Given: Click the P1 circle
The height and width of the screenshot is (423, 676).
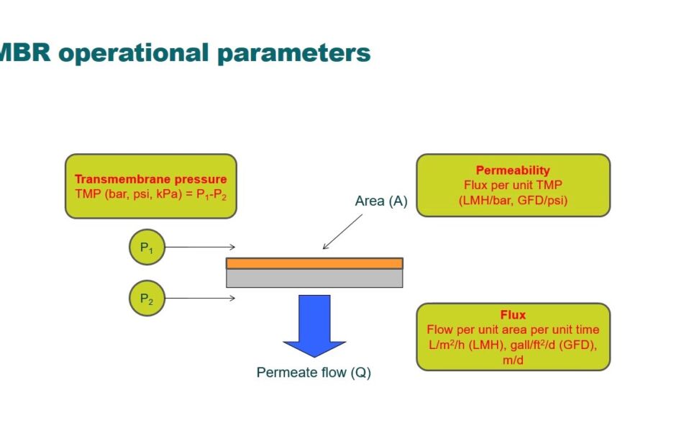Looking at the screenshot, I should [147, 248].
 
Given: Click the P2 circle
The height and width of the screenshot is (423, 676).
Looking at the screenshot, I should [147, 298].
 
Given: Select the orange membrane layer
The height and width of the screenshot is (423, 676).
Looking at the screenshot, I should [314, 263].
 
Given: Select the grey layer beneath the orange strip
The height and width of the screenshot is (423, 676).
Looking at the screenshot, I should [314, 278].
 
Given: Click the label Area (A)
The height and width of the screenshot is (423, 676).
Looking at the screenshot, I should [381, 201].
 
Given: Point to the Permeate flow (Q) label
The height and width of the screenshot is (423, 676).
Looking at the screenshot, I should [314, 373].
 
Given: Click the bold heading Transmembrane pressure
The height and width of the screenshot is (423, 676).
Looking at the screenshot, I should [150, 179].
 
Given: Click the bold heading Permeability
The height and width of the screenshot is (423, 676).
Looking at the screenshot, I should [513, 170].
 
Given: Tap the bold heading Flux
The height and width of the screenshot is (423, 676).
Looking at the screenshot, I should [513, 315].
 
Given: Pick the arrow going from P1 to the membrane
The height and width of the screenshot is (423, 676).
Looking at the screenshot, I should [200, 247].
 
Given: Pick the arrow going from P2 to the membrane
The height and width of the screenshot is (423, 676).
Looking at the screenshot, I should [200, 298].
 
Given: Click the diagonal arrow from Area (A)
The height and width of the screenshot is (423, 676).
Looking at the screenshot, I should [343, 232].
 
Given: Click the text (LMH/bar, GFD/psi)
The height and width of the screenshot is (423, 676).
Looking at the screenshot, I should [513, 200].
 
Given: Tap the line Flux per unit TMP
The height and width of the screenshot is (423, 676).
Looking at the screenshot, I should [513, 186].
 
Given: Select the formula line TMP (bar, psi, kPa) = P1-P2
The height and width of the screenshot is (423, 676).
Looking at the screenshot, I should [150, 194].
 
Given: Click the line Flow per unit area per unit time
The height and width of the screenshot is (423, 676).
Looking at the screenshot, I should [513, 330].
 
